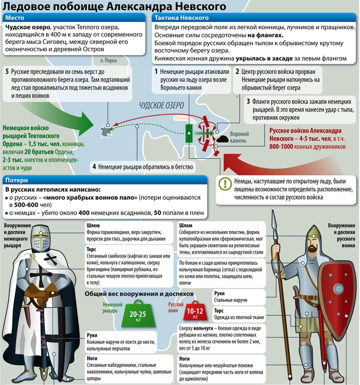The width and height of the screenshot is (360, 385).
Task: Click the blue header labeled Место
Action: click(74, 18)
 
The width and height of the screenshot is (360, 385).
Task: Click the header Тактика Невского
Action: click(253, 18)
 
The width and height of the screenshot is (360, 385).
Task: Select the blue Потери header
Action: click(105, 180)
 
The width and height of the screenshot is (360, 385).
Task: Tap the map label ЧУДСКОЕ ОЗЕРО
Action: click(162, 105)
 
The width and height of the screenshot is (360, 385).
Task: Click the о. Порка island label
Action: click(108, 60)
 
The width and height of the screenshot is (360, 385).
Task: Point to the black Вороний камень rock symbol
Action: click(222, 139)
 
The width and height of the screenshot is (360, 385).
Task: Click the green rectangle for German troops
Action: click(189, 133)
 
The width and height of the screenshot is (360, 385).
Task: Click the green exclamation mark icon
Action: click(225, 184)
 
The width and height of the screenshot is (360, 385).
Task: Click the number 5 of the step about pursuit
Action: click(7, 72)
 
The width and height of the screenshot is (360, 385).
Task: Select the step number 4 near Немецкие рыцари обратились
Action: click(94, 167)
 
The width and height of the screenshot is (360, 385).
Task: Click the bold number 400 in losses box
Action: click(84, 213)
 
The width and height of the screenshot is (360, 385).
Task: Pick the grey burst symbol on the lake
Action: click(106, 132)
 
